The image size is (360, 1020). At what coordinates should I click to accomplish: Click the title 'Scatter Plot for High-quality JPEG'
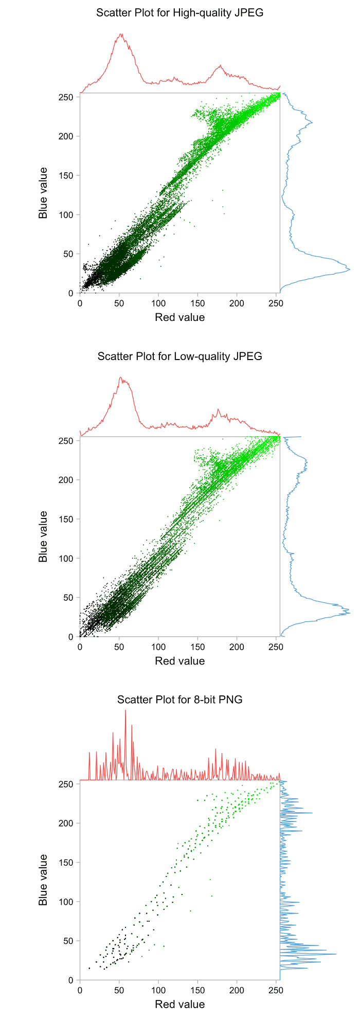(179, 13)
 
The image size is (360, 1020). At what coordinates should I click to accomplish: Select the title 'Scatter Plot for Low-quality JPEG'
(179, 356)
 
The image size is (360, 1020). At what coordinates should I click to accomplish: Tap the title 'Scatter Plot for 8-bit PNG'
(179, 700)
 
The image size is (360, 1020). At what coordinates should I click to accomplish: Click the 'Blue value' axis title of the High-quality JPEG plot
(43, 193)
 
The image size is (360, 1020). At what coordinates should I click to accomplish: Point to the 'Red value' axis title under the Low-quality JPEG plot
(179, 661)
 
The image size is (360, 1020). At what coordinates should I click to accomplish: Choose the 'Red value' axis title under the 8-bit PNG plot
(179, 1004)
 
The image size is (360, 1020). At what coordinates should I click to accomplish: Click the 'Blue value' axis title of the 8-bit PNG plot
(43, 880)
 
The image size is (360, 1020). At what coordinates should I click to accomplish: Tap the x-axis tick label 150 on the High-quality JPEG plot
(197, 303)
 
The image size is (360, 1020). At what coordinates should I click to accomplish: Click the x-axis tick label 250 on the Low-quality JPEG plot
(276, 647)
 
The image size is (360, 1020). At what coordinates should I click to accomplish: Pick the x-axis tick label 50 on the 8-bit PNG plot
(119, 990)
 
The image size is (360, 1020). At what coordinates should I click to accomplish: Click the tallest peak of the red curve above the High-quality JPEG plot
(121, 34)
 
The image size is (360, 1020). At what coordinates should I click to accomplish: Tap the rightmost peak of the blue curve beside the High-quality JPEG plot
(349, 269)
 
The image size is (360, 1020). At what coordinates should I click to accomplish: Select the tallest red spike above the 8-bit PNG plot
(125, 710)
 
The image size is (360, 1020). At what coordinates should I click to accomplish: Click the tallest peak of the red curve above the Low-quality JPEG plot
(121, 378)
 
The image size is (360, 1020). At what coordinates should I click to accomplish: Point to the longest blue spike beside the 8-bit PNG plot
(336, 955)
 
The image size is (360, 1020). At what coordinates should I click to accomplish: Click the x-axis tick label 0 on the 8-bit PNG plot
(80, 990)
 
